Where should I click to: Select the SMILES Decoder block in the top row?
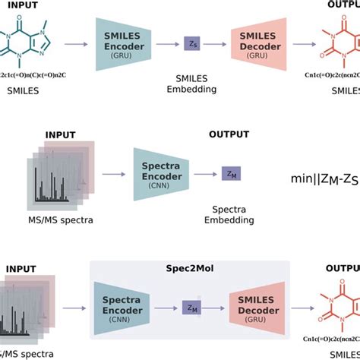(x=258, y=46)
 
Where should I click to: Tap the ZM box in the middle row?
(x=229, y=174)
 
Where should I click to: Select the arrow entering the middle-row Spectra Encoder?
(x=115, y=174)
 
